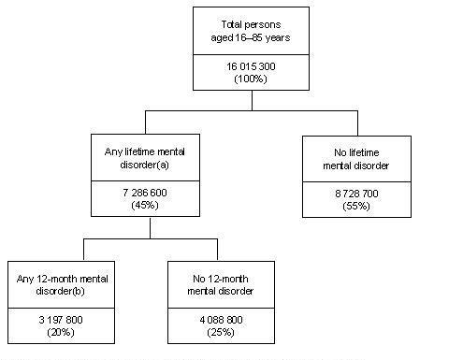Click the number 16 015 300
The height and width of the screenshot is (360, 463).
pos(250,69)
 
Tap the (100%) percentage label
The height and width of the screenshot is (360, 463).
pos(250,80)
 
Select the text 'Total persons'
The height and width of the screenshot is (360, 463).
pos(250,23)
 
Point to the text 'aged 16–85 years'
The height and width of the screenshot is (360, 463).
pos(250,36)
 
